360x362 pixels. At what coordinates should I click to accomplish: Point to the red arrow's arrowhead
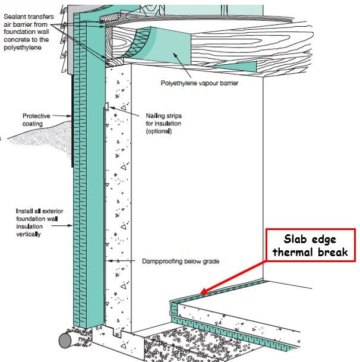(201, 292)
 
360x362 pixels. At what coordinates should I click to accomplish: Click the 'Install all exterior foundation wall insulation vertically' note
(40, 222)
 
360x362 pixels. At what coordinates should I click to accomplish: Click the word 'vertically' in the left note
(31, 234)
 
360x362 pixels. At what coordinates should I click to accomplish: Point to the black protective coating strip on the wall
(73, 125)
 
